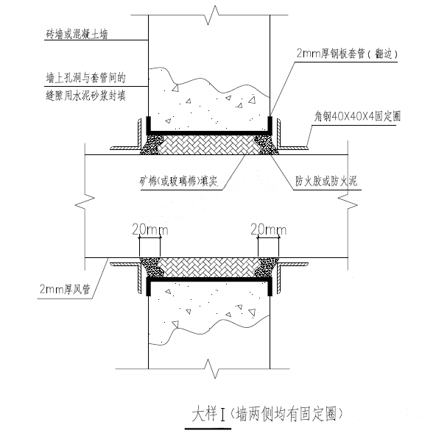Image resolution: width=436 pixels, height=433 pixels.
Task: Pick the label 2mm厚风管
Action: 66,290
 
